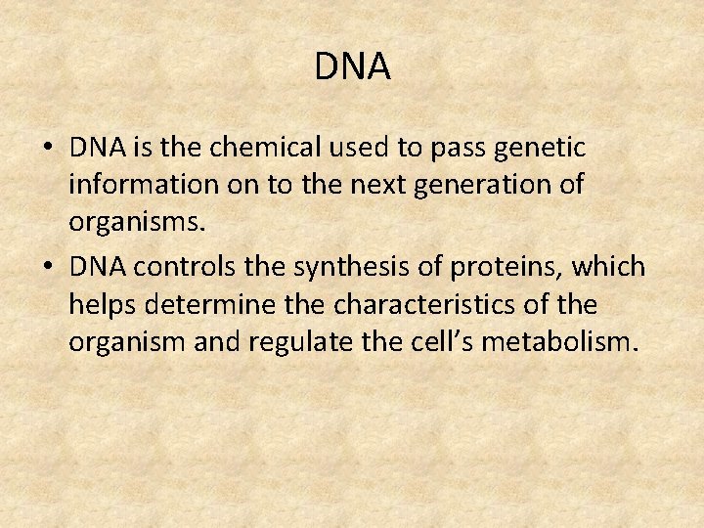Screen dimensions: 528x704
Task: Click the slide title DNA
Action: click(x=352, y=66)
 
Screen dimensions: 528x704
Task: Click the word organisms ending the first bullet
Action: click(x=136, y=224)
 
